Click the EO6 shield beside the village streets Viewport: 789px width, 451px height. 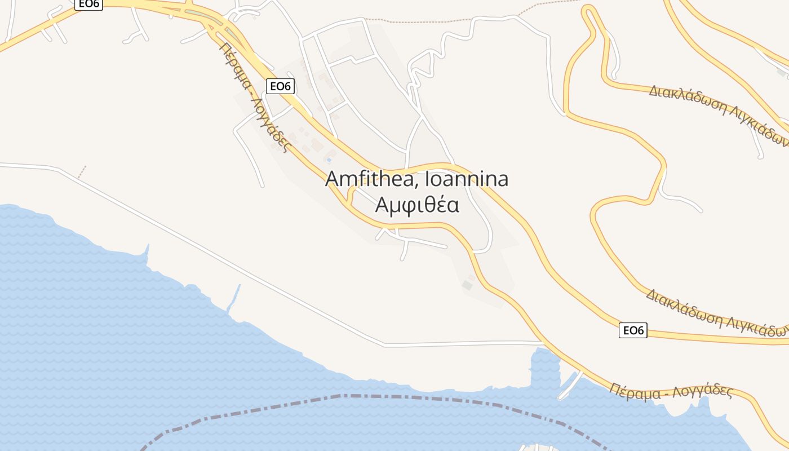click(x=280, y=86)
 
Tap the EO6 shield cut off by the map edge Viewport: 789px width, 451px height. click(x=88, y=4)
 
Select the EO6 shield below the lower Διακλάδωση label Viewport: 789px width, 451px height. click(x=633, y=330)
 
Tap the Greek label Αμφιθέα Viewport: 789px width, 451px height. click(x=417, y=205)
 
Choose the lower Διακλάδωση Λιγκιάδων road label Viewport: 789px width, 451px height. click(x=716, y=313)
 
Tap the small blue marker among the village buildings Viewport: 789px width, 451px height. click(x=329, y=160)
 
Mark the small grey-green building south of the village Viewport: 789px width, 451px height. click(x=467, y=285)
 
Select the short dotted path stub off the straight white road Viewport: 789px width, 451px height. click(x=82, y=172)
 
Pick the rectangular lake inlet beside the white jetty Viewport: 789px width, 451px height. click(x=544, y=366)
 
